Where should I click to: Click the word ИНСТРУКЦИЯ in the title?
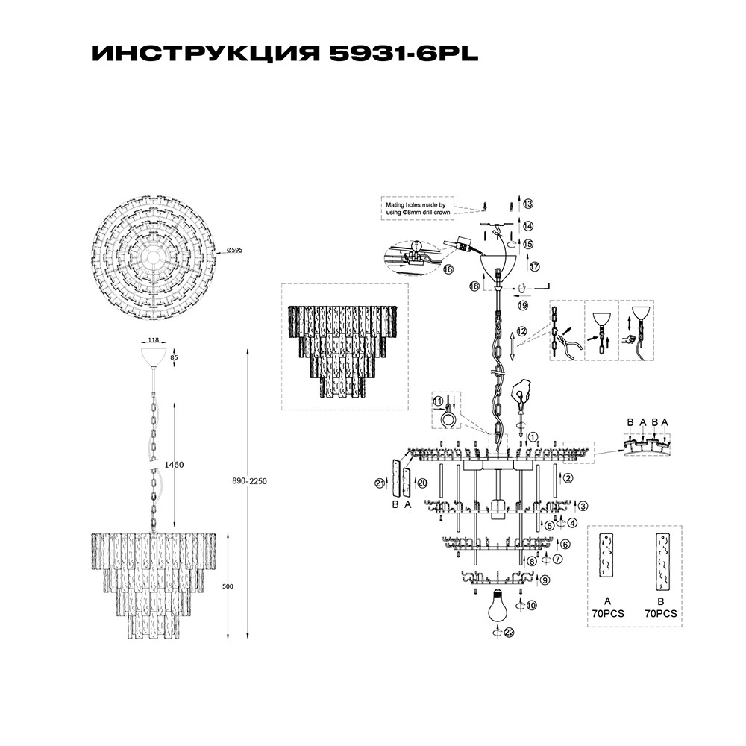195,55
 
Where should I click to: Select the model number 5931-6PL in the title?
392,55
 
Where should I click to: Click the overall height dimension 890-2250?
248,481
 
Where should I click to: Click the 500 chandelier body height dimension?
228,586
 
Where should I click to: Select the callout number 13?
528,204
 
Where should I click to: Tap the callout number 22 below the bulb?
510,632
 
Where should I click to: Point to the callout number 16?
448,269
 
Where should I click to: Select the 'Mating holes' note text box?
416,208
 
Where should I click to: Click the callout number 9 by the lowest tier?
545,580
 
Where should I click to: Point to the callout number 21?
379,483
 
